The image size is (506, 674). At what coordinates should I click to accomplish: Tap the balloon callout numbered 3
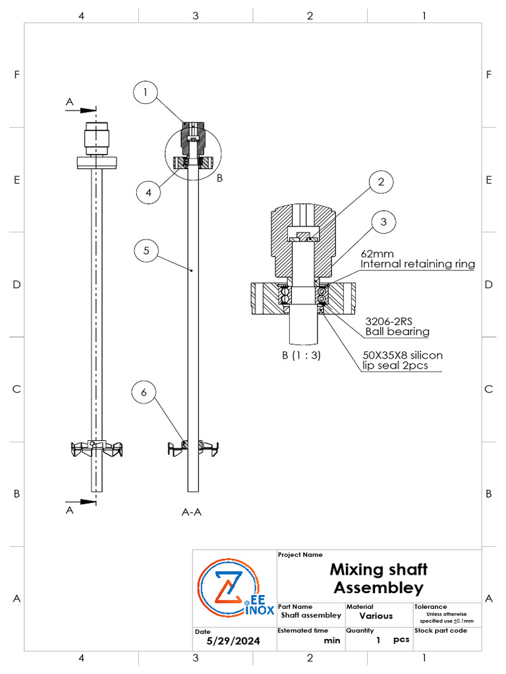pyautogui.click(x=383, y=223)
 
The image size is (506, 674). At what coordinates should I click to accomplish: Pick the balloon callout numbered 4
pyautogui.click(x=150, y=193)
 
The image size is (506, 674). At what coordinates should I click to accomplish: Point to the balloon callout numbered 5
pyautogui.click(x=146, y=251)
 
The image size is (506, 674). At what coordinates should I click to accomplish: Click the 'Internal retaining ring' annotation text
pyautogui.click(x=418, y=265)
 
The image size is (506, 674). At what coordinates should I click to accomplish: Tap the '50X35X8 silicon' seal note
pyautogui.click(x=403, y=355)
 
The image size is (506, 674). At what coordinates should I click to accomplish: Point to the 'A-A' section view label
pyautogui.click(x=191, y=511)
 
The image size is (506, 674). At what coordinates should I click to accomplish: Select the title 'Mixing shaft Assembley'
pyautogui.click(x=378, y=578)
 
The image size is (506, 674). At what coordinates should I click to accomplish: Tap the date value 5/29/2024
pyautogui.click(x=233, y=640)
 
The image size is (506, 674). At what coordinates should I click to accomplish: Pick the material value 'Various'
pyautogui.click(x=376, y=616)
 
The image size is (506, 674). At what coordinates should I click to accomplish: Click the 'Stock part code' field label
pyautogui.click(x=441, y=631)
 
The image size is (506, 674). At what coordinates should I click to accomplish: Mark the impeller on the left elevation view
pyautogui.click(x=96, y=449)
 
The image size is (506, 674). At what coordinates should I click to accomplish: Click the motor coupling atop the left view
pyautogui.click(x=96, y=138)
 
